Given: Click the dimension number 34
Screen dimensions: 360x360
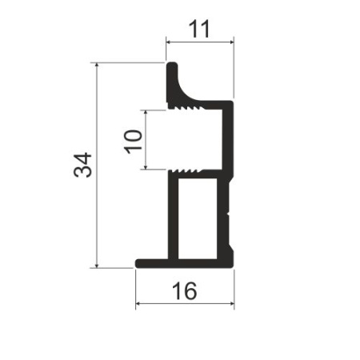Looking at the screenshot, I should pyautogui.click(x=83, y=165).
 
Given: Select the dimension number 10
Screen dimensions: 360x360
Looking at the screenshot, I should pyautogui.click(x=134, y=140).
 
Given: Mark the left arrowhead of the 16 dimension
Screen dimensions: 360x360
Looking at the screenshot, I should pyautogui.click(x=139, y=305).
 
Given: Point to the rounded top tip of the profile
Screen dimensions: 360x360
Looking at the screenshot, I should pyautogui.click(x=171, y=63).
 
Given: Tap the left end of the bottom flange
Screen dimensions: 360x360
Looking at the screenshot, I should pyautogui.click(x=138, y=262).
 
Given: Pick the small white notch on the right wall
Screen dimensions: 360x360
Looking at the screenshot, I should pyautogui.click(x=230, y=214).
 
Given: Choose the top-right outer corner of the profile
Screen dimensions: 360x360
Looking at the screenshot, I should pyautogui.click(x=231, y=102).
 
